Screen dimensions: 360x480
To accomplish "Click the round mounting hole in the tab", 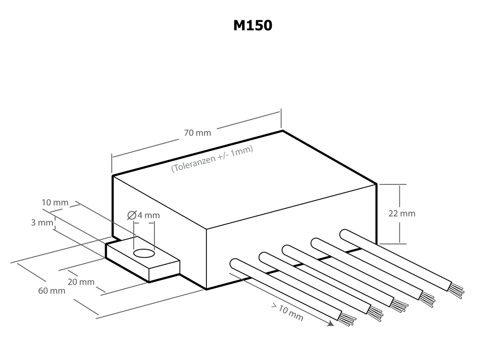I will [144, 254].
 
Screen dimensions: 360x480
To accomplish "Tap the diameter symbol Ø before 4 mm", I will [132, 216].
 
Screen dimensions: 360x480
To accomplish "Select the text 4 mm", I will [148, 216].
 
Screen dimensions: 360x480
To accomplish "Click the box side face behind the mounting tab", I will [158, 216].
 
